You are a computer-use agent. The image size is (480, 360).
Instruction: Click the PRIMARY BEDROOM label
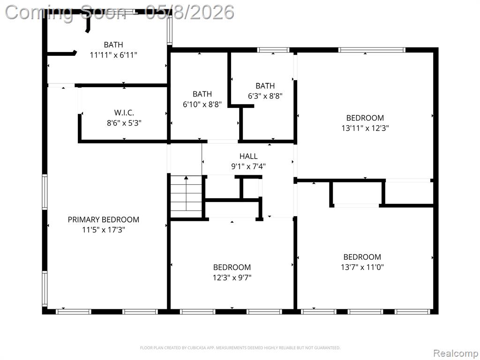[104, 219]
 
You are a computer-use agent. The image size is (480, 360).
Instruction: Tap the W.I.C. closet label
[124, 112]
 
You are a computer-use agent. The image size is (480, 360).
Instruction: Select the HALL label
[248, 156]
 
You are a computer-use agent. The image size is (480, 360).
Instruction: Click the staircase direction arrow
[186, 194]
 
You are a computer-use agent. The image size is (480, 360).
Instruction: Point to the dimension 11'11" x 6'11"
[113, 55]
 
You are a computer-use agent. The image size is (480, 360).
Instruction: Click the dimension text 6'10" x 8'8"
[202, 105]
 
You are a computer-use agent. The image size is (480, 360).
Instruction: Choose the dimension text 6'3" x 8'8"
[265, 96]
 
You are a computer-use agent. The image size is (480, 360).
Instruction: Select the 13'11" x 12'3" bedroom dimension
[365, 128]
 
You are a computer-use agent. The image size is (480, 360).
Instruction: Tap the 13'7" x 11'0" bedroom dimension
[362, 267]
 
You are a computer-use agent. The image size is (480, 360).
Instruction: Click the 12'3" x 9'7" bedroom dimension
[232, 277]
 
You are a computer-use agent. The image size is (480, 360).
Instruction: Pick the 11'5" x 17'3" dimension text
[104, 230]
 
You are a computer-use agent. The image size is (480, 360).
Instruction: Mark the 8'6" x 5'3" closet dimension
[124, 123]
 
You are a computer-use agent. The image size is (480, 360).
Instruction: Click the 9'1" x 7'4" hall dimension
[248, 166]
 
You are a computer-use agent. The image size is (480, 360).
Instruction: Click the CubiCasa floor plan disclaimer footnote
[240, 348]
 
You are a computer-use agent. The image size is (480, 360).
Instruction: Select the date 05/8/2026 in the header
[190, 13]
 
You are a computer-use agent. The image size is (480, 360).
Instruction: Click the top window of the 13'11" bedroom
[372, 50]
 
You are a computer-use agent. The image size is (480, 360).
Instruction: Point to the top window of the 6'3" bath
[273, 50]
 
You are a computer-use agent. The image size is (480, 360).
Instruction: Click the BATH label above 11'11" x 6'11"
[113, 45]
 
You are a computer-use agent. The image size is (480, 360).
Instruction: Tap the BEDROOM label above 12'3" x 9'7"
[232, 267]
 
